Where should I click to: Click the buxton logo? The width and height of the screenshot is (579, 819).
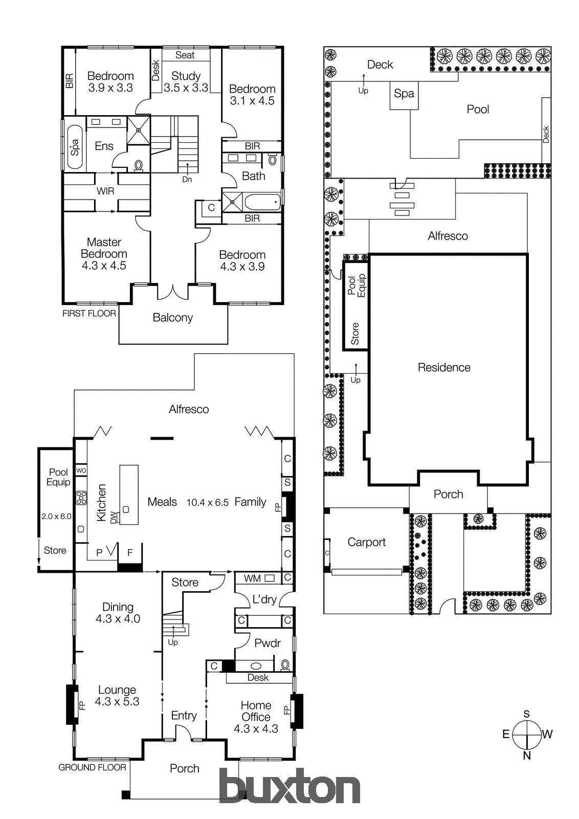pyautogui.click(x=289, y=786)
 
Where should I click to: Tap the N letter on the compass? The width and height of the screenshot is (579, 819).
pyautogui.click(x=527, y=756)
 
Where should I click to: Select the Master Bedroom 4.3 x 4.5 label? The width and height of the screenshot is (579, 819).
pyautogui.click(x=104, y=254)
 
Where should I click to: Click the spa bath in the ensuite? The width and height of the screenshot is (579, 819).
pyautogui.click(x=75, y=147)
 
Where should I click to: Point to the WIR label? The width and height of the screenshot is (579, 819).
pyautogui.click(x=105, y=191)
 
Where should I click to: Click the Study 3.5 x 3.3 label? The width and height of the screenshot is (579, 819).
pyautogui.click(x=186, y=82)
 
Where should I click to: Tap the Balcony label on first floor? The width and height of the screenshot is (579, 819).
pyautogui.click(x=173, y=317)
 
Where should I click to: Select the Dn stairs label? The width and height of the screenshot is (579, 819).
pyautogui.click(x=187, y=180)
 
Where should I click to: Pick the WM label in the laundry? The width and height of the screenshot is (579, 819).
pyautogui.click(x=252, y=578)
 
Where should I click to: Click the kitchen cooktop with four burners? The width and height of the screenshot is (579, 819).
pyautogui.click(x=81, y=498)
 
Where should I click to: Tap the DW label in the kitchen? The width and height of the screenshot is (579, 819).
pyautogui.click(x=114, y=517)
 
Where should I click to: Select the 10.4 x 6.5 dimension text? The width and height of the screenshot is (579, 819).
pyautogui.click(x=207, y=503)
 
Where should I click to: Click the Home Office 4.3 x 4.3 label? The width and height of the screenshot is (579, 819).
pyautogui.click(x=256, y=717)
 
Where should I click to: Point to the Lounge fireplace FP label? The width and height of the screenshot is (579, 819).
pyautogui.click(x=82, y=705)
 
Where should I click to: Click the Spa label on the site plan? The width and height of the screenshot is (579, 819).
pyautogui.click(x=404, y=94)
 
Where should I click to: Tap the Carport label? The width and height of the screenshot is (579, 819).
pyautogui.click(x=366, y=542)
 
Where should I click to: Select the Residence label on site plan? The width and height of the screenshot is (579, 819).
pyautogui.click(x=444, y=368)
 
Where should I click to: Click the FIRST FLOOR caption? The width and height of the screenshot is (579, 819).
pyautogui.click(x=89, y=313)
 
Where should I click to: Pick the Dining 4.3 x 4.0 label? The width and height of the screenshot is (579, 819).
pyautogui.click(x=118, y=613)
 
